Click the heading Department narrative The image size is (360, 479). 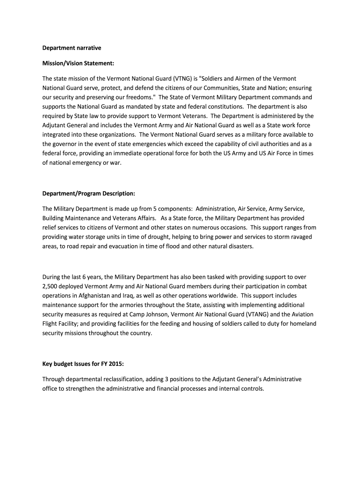pyautogui.click(x=72, y=48)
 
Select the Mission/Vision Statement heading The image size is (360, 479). pyautogui.click(x=78, y=63)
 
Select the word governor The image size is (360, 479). pyautogui.click(x=66, y=143)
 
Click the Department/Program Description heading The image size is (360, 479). pyautogui.click(x=89, y=193)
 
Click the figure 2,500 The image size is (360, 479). pyautogui.click(x=51, y=286)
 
